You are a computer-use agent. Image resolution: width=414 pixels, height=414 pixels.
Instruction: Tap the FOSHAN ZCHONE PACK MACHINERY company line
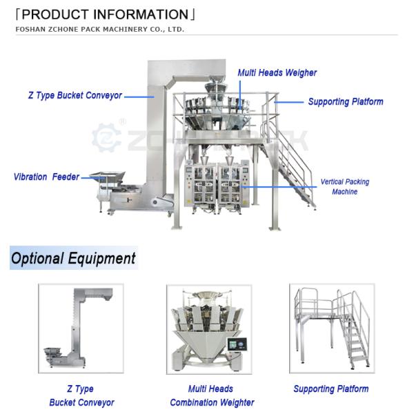100,30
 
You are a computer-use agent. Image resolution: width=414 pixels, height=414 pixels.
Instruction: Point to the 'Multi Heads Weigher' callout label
277,72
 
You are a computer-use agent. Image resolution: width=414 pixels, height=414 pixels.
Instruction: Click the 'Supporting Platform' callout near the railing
345,101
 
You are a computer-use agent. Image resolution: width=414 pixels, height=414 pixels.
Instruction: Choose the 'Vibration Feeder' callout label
46,177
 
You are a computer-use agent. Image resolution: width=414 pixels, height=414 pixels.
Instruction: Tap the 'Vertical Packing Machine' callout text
344,187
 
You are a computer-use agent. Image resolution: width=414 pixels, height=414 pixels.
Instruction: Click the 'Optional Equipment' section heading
73,259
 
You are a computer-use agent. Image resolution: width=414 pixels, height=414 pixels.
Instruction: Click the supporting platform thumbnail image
331,328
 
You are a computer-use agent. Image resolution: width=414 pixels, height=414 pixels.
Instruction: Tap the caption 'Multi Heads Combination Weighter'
212,395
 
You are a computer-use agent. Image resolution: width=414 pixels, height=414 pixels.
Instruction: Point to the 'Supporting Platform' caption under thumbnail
331,389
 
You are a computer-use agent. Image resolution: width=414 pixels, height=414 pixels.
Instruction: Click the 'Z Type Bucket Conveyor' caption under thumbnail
81,395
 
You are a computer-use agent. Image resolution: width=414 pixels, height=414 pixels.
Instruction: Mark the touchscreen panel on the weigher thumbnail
241,343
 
